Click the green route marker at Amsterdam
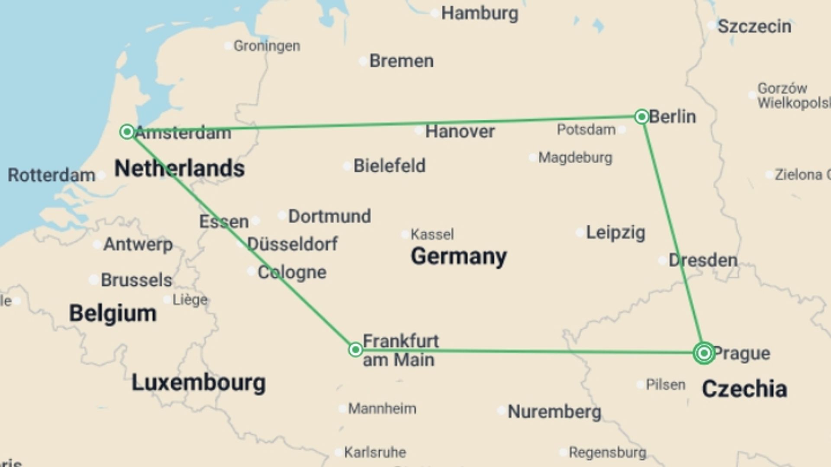pyautogui.click(x=127, y=131)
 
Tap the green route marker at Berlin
pyautogui.click(x=641, y=116)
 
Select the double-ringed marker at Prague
pyautogui.click(x=704, y=353)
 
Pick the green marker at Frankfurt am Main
pyautogui.click(x=355, y=349)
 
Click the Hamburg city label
pyautogui.click(x=479, y=13)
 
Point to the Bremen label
pyautogui.click(x=401, y=61)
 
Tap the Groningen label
pyautogui.click(x=267, y=46)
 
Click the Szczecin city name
pyautogui.click(x=754, y=27)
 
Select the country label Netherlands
pyautogui.click(x=179, y=168)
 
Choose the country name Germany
pyautogui.click(x=459, y=256)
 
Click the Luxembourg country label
pyautogui.click(x=198, y=383)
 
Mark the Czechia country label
pyautogui.click(x=744, y=389)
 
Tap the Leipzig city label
pyautogui.click(x=615, y=233)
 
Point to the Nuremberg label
pyautogui.click(x=554, y=412)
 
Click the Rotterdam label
pyautogui.click(x=52, y=176)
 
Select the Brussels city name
pyautogui.click(x=136, y=280)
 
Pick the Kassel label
pyautogui.click(x=432, y=235)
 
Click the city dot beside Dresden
pyautogui.click(x=662, y=261)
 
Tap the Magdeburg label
pyautogui.click(x=575, y=158)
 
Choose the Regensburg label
pyautogui.click(x=607, y=453)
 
